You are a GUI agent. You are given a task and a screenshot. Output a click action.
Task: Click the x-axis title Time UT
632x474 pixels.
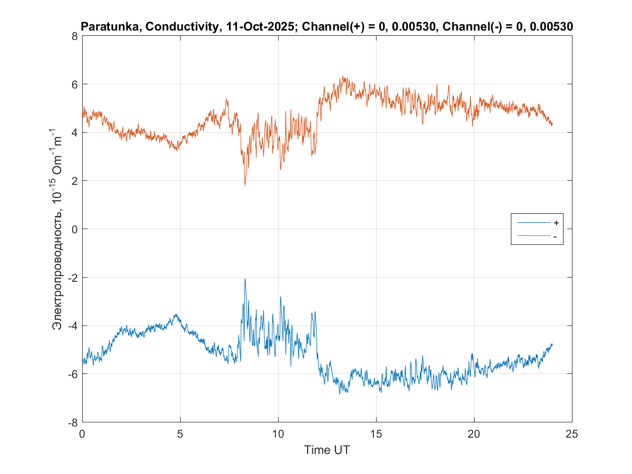tap(327, 450)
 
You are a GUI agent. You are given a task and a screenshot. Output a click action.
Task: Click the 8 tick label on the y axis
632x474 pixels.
tap(74, 36)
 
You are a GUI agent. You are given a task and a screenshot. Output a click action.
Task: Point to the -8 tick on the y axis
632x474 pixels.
tap(72, 422)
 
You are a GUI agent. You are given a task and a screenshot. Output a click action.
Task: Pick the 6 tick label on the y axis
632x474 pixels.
tap(74, 84)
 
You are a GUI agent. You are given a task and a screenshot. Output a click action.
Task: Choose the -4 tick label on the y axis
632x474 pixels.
tap(72, 325)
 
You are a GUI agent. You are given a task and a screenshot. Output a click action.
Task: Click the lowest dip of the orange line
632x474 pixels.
tap(245, 185)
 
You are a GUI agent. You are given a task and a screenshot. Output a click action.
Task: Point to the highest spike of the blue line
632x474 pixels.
tap(245, 279)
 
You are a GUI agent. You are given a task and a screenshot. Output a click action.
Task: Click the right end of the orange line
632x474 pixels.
tap(552, 125)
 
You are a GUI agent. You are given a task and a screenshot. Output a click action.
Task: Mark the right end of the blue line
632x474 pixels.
tap(552, 344)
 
